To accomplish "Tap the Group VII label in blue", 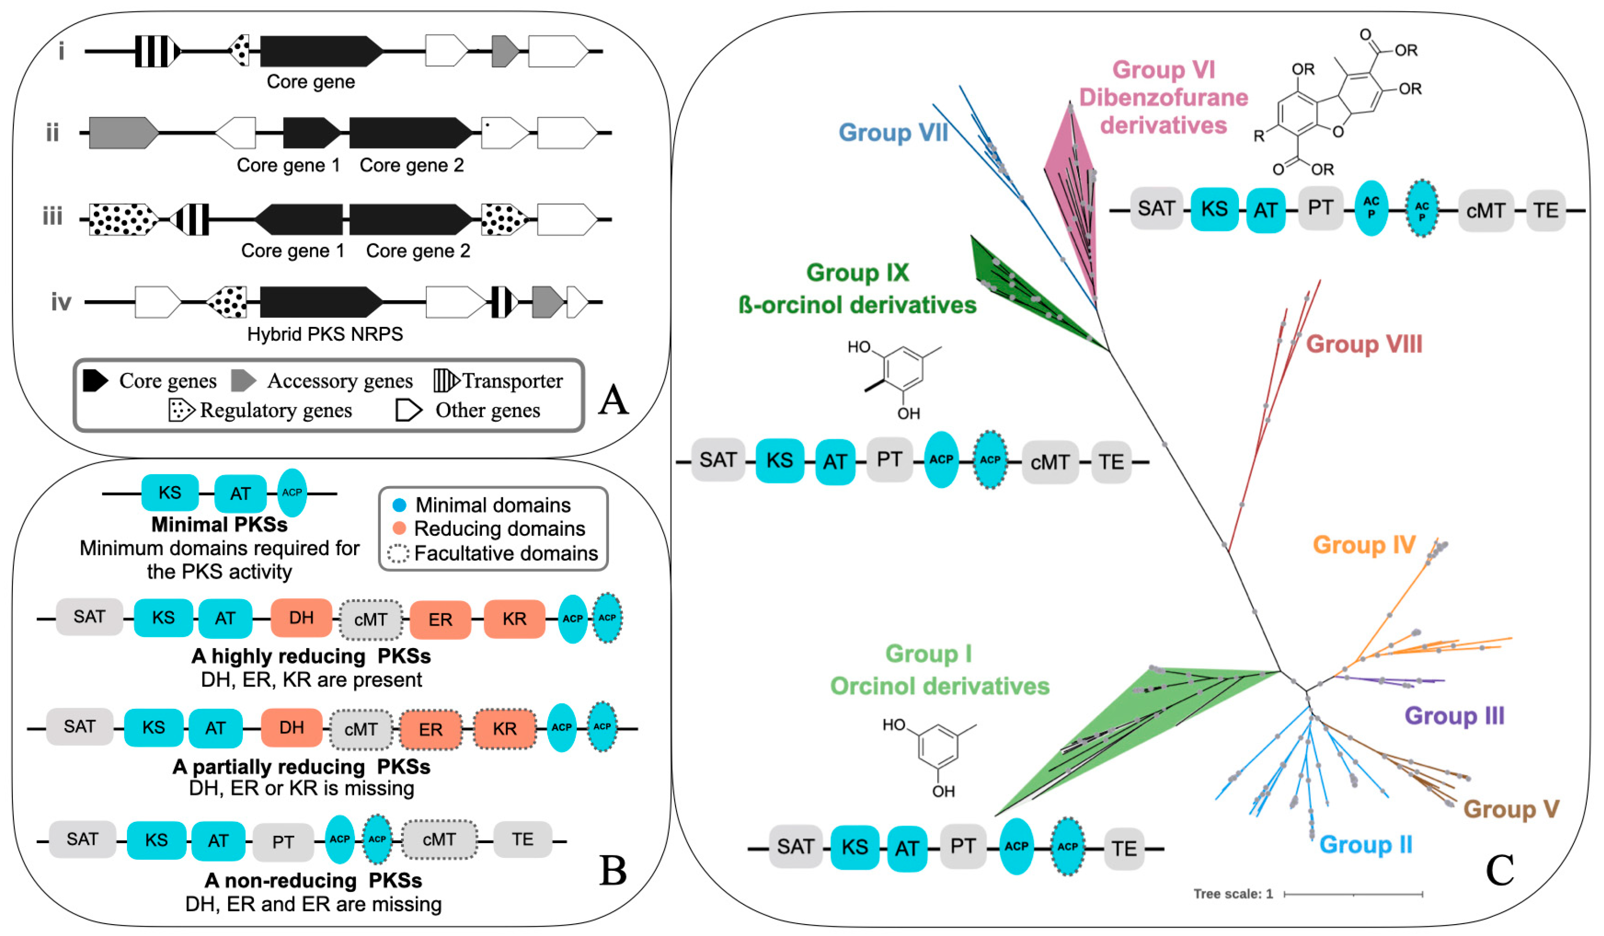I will tap(893, 132).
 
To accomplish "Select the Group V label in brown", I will tap(1511, 809).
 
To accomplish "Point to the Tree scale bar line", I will tap(1353, 895).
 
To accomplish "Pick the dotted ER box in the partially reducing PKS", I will tap(430, 729).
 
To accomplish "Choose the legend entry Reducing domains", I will tap(499, 529).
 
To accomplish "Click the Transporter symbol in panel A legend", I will tap(445, 381).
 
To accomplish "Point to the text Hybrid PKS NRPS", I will tap(324, 334).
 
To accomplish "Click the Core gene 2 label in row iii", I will tap(418, 251).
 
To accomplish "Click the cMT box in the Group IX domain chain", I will tap(1049, 462).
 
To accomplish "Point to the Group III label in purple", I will tap(1454, 716).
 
